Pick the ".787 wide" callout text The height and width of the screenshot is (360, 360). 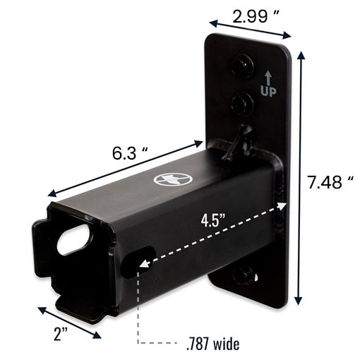pyautogui.click(x=212, y=344)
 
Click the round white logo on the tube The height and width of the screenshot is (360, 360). pyautogui.click(x=172, y=179)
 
